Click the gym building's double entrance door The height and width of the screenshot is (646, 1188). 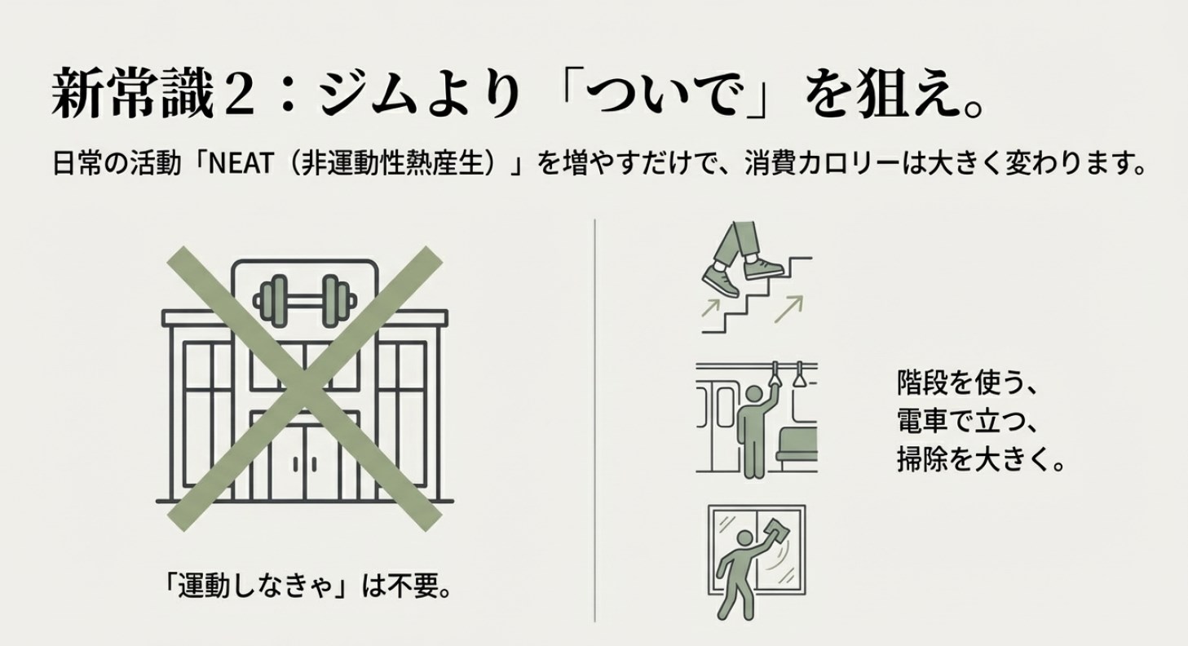point(304,461)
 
